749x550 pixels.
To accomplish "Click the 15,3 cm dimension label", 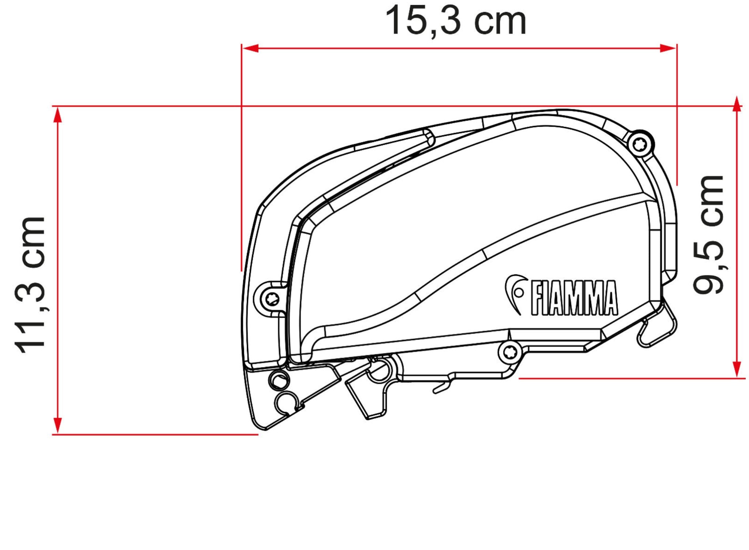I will [x=455, y=21].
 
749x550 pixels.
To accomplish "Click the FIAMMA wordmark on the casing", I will [x=574, y=298].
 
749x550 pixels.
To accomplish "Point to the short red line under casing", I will [x=629, y=378].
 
